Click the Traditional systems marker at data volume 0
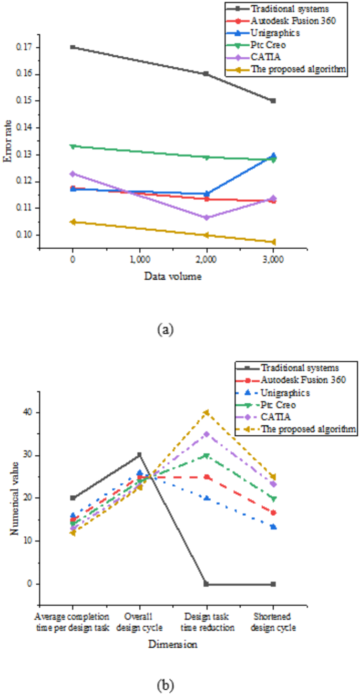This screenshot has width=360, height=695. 73,47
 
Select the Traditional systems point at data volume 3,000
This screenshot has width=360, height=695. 273,100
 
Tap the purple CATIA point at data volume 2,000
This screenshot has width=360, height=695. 207,218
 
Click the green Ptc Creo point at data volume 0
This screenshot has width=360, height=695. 73,146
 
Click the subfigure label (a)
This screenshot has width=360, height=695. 164,330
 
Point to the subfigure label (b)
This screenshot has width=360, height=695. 164,685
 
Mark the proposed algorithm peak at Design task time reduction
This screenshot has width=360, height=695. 207,413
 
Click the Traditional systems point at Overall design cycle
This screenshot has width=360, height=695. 139,455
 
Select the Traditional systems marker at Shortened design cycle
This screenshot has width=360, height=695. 273,584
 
